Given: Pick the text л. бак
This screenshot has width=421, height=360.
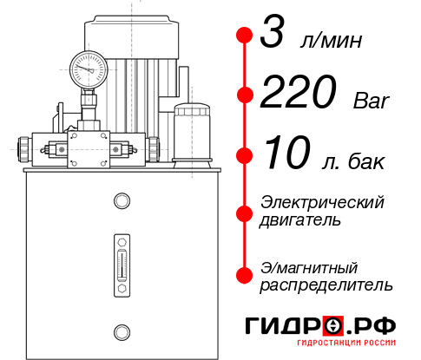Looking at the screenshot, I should click(352, 161).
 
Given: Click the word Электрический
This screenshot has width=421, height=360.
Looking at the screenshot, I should click(322, 202).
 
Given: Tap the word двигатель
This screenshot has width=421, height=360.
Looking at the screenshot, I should click(300, 220).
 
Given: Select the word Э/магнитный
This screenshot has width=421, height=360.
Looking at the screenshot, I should click(309, 266).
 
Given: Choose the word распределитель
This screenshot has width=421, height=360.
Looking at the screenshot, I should click(326, 285).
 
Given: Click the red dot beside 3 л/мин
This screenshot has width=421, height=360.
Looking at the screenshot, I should click(244, 36).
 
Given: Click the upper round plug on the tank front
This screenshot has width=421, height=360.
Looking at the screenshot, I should click(121, 201).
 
